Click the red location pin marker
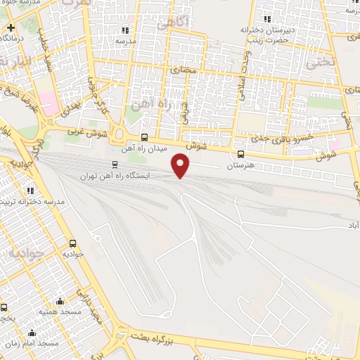click(x=181, y=165)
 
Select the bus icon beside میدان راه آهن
click(x=144, y=137)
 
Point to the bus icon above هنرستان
click(x=240, y=154)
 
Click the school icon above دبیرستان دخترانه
click(x=266, y=19)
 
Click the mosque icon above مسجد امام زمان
click(x=30, y=333)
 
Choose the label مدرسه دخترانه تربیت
click(x=34, y=202)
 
